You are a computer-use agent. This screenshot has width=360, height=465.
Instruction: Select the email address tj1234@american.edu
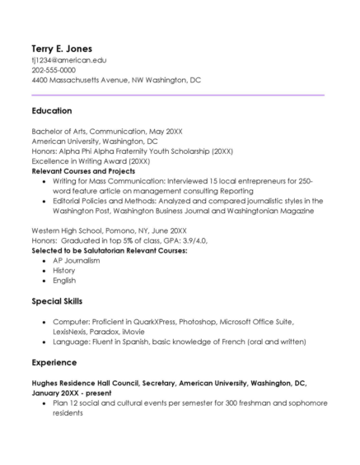69,61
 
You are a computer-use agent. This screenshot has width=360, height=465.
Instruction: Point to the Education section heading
52,110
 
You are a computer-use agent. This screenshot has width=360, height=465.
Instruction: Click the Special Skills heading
57,301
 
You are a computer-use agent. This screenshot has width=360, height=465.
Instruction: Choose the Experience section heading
54,361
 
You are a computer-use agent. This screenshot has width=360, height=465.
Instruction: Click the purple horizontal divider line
178,95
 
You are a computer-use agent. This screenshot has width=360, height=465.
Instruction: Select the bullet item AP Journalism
76,260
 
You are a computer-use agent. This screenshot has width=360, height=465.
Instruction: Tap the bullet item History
64,270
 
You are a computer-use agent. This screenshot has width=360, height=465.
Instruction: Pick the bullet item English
64,281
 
